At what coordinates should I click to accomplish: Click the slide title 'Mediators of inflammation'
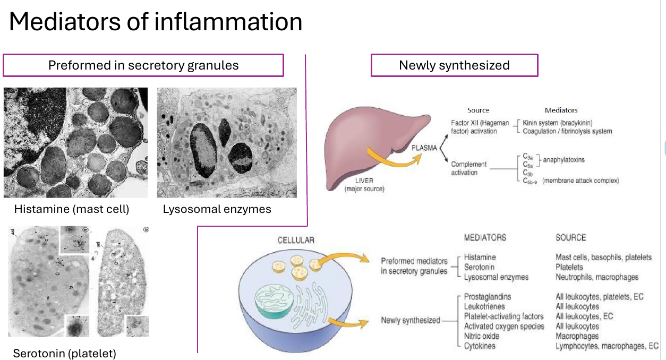[156, 22]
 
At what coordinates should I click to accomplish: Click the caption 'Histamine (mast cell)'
[72, 209]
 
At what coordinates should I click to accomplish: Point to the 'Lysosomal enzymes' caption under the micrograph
[217, 209]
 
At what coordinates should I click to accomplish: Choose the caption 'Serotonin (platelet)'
[64, 354]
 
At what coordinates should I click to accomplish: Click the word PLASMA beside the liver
[424, 148]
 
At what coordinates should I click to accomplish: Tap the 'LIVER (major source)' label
[364, 185]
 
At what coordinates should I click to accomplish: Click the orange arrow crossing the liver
[392, 160]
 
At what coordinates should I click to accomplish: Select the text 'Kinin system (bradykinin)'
[558, 123]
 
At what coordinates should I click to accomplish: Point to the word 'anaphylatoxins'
[563, 160]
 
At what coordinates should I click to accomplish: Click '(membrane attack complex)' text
[580, 181]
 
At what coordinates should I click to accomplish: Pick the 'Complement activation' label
[468, 168]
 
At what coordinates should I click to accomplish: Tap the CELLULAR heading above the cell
[296, 240]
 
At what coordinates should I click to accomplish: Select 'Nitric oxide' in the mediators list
[482, 336]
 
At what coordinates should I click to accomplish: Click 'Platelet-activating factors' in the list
[503, 316]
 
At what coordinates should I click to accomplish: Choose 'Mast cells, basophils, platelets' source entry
[603, 257]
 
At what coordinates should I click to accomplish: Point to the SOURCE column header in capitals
[571, 237]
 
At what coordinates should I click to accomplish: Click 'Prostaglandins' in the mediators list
[488, 297]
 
